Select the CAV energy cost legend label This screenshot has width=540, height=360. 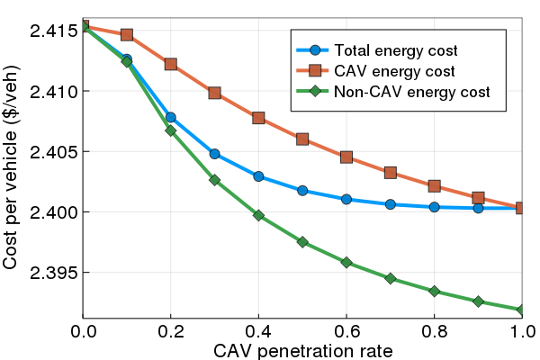pyautogui.click(x=393, y=70)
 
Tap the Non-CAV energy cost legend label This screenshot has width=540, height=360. pyautogui.click(x=411, y=92)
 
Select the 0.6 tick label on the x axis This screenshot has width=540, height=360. pyautogui.click(x=346, y=331)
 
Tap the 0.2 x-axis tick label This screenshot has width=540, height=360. pyautogui.click(x=171, y=331)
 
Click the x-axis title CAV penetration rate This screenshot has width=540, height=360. pyautogui.click(x=302, y=349)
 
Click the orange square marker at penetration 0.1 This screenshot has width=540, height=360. pyautogui.click(x=127, y=35)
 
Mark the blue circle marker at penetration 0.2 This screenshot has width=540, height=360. pyautogui.click(x=171, y=117)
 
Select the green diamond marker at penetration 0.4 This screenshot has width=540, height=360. pyautogui.click(x=259, y=215)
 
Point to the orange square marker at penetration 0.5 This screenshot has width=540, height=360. pyautogui.click(x=302, y=139)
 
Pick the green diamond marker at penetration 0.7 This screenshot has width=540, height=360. pyautogui.click(x=391, y=278)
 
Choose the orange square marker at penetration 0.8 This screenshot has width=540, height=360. pyautogui.click(x=435, y=186)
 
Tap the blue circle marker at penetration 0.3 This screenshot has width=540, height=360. pyautogui.click(x=214, y=154)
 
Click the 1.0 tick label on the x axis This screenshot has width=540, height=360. pyautogui.click(x=521, y=331)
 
